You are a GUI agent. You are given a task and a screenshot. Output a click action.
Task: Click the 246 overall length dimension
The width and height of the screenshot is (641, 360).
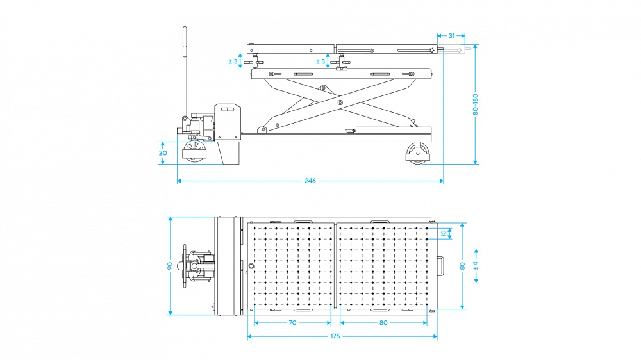click(x=310, y=181)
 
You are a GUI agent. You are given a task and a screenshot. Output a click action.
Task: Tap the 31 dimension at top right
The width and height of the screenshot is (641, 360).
click(x=452, y=36)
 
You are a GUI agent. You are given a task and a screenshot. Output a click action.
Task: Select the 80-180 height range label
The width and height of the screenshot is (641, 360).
click(x=475, y=104)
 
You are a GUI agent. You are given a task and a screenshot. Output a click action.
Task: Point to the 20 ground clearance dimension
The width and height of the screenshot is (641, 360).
click(x=163, y=153)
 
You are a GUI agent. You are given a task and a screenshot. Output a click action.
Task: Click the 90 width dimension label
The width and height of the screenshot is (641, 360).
click(x=171, y=266)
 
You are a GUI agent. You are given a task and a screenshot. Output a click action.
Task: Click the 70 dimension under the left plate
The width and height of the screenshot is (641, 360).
click(x=292, y=323)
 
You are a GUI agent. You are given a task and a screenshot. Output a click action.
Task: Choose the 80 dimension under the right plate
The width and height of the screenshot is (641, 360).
click(x=383, y=323)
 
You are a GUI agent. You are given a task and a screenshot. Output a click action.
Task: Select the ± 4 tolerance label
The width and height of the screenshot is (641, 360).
click(x=475, y=265)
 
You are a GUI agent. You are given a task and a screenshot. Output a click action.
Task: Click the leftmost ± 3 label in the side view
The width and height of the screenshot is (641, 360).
click(x=233, y=62)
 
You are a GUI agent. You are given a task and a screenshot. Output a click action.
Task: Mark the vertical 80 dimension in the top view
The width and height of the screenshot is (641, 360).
click(x=462, y=266)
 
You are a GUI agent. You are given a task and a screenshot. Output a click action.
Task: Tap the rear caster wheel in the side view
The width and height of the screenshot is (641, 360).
click(x=417, y=154)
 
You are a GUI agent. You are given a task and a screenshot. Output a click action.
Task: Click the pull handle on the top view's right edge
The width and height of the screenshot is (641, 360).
click(x=439, y=265)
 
